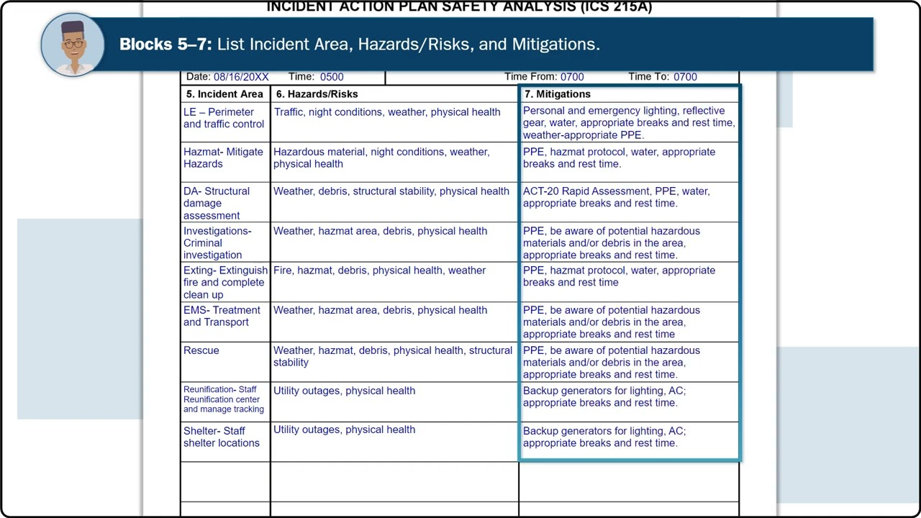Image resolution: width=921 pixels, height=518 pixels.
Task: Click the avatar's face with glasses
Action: [x=73, y=44]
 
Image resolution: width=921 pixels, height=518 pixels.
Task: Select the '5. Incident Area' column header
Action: [x=224, y=94]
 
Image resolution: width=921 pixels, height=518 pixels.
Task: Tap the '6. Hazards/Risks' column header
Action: [x=317, y=94]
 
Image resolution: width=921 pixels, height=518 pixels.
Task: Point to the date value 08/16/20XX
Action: [x=241, y=77]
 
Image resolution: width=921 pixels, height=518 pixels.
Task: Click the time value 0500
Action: [x=332, y=77]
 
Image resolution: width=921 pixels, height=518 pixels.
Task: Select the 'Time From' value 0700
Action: [x=572, y=77]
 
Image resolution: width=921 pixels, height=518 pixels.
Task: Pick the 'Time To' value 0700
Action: [x=685, y=77]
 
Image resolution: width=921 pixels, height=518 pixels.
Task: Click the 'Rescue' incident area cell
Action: [x=201, y=351]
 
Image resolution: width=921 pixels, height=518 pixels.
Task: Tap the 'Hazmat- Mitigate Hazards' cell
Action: [x=223, y=158]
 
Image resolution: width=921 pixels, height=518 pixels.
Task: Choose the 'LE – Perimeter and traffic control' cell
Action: [x=224, y=118]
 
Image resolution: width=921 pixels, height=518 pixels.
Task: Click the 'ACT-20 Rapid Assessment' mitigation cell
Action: [x=617, y=197]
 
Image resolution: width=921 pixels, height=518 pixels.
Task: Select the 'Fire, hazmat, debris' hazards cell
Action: [x=379, y=271]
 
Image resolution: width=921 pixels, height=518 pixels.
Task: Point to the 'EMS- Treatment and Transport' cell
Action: [x=222, y=317]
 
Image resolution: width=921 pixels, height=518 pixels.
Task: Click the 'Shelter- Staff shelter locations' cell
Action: [x=222, y=437]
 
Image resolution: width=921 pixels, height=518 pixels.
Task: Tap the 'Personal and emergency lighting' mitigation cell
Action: [x=628, y=122]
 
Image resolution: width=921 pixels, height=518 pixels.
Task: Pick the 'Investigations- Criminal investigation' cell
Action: [x=217, y=243]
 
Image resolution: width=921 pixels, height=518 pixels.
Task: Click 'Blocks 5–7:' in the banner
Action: [x=165, y=45]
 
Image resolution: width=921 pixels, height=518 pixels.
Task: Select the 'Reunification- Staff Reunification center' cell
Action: [x=223, y=399]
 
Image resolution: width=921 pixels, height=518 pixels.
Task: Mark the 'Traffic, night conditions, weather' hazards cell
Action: [x=387, y=112]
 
